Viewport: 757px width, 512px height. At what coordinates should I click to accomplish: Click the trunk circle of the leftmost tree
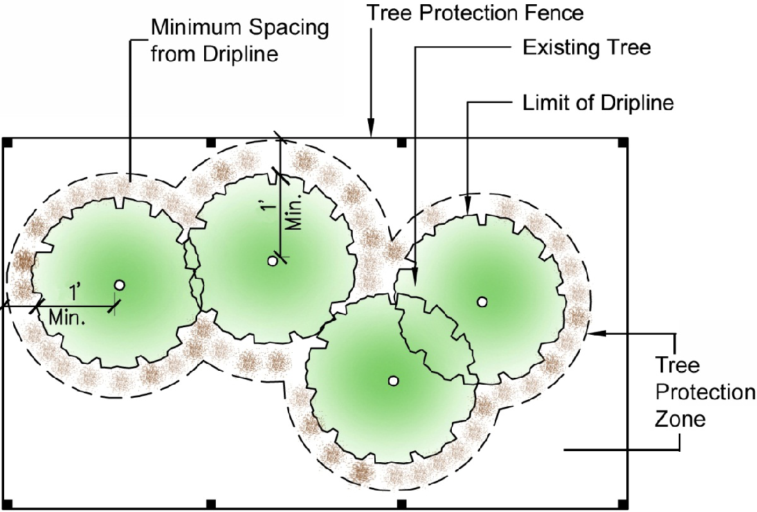(x=120, y=284)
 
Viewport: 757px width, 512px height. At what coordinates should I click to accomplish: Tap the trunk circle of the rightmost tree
(x=482, y=301)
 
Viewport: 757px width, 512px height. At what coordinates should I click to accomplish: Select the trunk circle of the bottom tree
(x=393, y=380)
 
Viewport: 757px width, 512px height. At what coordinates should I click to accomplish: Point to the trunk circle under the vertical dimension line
(x=273, y=261)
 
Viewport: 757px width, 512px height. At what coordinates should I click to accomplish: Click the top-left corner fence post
(x=8, y=143)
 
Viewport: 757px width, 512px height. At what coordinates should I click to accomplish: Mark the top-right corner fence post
(x=623, y=143)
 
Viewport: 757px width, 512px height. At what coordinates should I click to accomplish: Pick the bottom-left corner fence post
(x=8, y=503)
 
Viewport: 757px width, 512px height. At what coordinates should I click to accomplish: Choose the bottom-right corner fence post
(x=623, y=503)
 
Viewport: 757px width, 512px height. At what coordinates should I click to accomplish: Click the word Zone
(x=680, y=419)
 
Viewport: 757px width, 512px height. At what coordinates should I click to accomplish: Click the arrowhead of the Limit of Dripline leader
(x=468, y=207)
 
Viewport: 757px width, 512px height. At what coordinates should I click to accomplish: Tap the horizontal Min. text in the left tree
(x=67, y=318)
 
